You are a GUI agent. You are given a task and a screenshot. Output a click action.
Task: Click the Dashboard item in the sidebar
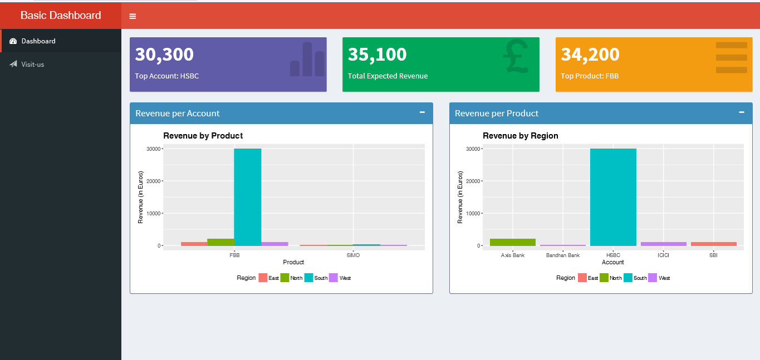coord(38,41)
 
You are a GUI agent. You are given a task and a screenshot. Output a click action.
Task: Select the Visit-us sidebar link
coord(32,65)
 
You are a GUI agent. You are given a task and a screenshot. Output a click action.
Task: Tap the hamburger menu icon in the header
coord(133,16)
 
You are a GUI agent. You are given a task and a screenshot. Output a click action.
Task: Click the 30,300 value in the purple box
coord(164,55)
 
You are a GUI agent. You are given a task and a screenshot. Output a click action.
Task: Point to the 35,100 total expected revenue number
coord(377,55)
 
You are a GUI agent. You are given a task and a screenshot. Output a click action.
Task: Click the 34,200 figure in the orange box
coord(590,55)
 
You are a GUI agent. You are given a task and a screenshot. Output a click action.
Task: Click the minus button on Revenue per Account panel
coord(422,112)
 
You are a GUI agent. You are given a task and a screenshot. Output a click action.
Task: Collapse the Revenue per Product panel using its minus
coord(742,112)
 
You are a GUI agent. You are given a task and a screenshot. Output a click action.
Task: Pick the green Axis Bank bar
coord(513,242)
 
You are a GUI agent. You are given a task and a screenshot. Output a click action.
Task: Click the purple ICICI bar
coord(663,244)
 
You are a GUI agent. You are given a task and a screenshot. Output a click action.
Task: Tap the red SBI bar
coord(713,244)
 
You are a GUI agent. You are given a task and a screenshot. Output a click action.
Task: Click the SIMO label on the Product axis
coord(353,255)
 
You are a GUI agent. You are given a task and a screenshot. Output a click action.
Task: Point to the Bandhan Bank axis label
coord(563,255)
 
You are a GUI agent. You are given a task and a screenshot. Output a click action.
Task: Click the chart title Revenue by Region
coord(520,136)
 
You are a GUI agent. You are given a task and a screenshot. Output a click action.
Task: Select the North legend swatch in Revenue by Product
coord(285,278)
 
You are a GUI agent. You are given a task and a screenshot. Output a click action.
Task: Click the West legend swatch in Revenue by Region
coord(653,278)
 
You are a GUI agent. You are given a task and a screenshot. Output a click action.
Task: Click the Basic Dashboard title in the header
coord(61,16)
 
